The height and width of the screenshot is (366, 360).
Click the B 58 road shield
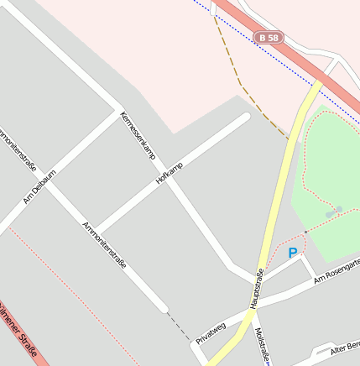[269, 38]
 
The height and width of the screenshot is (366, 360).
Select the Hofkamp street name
[169, 172]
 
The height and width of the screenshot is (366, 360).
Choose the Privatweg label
[211, 333]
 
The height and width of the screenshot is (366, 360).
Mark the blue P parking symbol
[292, 252]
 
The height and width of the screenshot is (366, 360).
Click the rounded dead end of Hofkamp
[244, 118]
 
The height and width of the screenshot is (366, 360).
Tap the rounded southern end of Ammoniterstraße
[162, 307]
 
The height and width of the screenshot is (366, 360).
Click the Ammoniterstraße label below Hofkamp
[104, 243]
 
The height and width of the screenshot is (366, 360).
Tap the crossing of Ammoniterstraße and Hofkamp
[98, 229]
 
